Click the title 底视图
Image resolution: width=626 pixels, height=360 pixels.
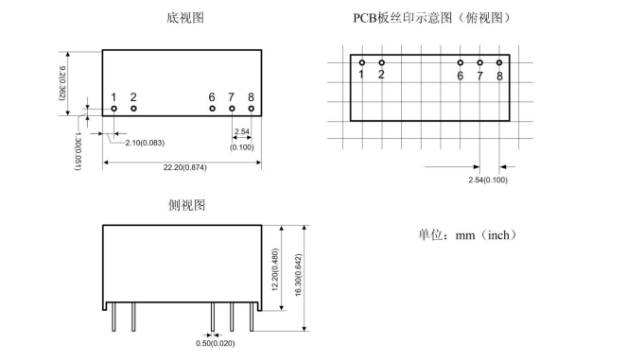tap(185, 18)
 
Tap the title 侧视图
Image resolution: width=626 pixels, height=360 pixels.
tap(187, 205)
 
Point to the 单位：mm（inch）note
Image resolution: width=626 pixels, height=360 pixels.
tap(467, 234)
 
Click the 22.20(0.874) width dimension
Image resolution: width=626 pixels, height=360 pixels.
tap(184, 167)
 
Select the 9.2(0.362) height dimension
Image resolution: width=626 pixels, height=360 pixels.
tap(62, 83)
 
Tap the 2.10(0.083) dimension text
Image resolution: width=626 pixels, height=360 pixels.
tap(145, 143)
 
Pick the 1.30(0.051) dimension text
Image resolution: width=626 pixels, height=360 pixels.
tap(78, 151)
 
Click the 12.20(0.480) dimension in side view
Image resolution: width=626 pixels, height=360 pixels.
tap(275, 270)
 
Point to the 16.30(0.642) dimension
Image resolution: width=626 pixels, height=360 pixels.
tap(298, 275)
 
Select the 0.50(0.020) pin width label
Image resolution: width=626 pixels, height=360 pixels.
tap(216, 343)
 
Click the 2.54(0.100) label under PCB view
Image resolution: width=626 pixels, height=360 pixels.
tap(488, 180)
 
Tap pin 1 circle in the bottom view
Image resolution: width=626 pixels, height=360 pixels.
tap(114, 109)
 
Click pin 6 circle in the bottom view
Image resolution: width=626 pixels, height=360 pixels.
tap(213, 109)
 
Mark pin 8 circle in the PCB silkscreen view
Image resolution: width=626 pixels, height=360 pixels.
tap(499, 62)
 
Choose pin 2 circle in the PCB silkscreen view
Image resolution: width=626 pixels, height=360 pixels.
tap(382, 62)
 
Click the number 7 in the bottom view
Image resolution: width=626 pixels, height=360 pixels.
tap(231, 97)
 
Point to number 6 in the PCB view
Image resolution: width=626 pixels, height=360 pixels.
tap(461, 76)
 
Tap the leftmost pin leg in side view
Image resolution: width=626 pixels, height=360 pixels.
tap(113, 317)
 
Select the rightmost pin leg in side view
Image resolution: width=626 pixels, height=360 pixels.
tap(252, 317)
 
